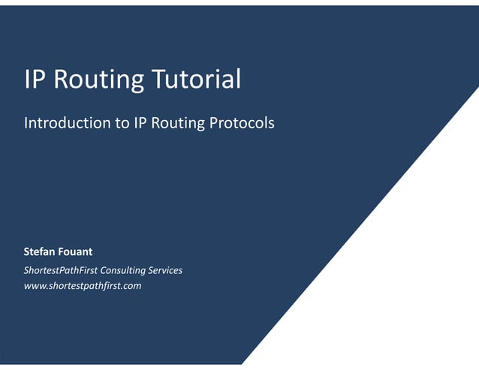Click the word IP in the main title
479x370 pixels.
[x=35, y=79]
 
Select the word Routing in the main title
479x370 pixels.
[x=97, y=80]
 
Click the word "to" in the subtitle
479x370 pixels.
[x=122, y=122]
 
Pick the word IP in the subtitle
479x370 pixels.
[x=140, y=122]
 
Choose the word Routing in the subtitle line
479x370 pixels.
[x=179, y=123]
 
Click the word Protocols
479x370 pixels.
[x=242, y=122]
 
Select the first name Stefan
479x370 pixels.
[x=41, y=252]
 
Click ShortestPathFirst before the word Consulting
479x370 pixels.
[x=61, y=270]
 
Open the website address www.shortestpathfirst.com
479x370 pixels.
[x=83, y=286]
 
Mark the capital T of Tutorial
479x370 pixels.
[x=157, y=79]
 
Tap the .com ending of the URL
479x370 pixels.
[x=131, y=286]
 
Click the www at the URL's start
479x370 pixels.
[x=35, y=286]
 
